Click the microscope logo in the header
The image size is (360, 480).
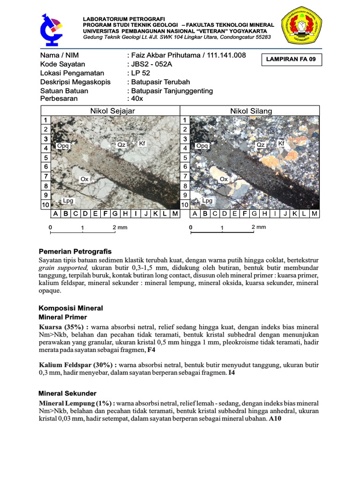50,28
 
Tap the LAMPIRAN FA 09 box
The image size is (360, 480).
291,60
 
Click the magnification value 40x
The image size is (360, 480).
136,99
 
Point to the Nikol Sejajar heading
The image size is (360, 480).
112,111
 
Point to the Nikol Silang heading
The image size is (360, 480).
251,111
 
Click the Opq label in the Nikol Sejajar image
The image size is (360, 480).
63,146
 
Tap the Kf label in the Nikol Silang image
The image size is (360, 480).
281,143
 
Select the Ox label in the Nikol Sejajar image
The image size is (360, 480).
84,179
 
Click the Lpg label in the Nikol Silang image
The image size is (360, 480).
207,200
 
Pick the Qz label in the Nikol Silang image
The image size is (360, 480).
261,145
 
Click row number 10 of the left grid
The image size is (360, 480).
45,205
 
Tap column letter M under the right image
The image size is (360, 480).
315,214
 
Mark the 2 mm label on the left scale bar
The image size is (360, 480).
120,227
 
